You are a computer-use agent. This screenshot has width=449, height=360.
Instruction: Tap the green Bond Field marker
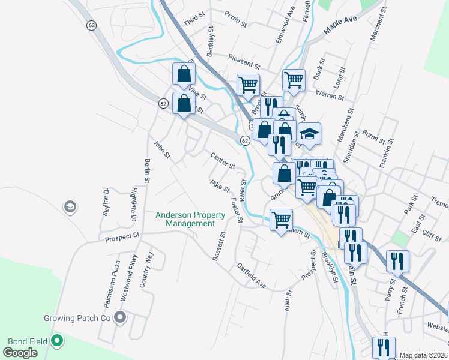point(58,341)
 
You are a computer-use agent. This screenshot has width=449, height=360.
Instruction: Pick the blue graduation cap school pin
point(310,134)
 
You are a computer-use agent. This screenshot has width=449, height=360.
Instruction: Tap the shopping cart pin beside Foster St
point(281,220)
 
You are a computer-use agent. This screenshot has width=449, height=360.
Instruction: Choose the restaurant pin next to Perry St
point(397,261)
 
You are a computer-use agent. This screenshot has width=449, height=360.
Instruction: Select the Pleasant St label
point(244,61)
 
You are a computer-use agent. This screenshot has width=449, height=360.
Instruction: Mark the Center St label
point(222,161)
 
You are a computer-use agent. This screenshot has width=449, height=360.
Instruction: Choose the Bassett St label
point(218,247)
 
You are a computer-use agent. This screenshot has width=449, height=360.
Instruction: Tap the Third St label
point(195,20)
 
